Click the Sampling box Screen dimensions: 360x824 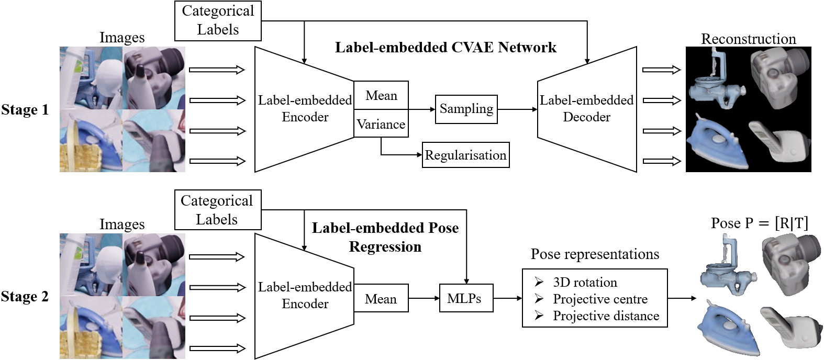coord(466,109)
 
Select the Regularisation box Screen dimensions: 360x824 coord(465,155)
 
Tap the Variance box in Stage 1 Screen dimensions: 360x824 coord(381,124)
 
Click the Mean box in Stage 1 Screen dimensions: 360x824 coord(381,95)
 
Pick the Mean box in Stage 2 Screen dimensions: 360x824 coord(381,299)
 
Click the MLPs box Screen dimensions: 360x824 coord(466,298)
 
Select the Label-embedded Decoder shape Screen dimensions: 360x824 coord(587,109)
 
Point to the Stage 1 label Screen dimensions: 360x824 coord(25,110)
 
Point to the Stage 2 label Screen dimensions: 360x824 coord(25,297)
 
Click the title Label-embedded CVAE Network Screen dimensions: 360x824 coord(446,48)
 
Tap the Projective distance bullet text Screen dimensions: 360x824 coord(606,316)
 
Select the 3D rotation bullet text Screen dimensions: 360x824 coord(585,283)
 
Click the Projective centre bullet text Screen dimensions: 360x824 coord(600,299)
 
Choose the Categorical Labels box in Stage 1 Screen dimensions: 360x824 coord(218,20)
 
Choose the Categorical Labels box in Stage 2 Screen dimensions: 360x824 coord(217,210)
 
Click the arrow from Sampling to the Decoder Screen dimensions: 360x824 coord(517,109)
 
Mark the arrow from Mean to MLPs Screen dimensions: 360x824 coord(424,299)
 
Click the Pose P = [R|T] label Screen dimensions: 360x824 coord(759,223)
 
